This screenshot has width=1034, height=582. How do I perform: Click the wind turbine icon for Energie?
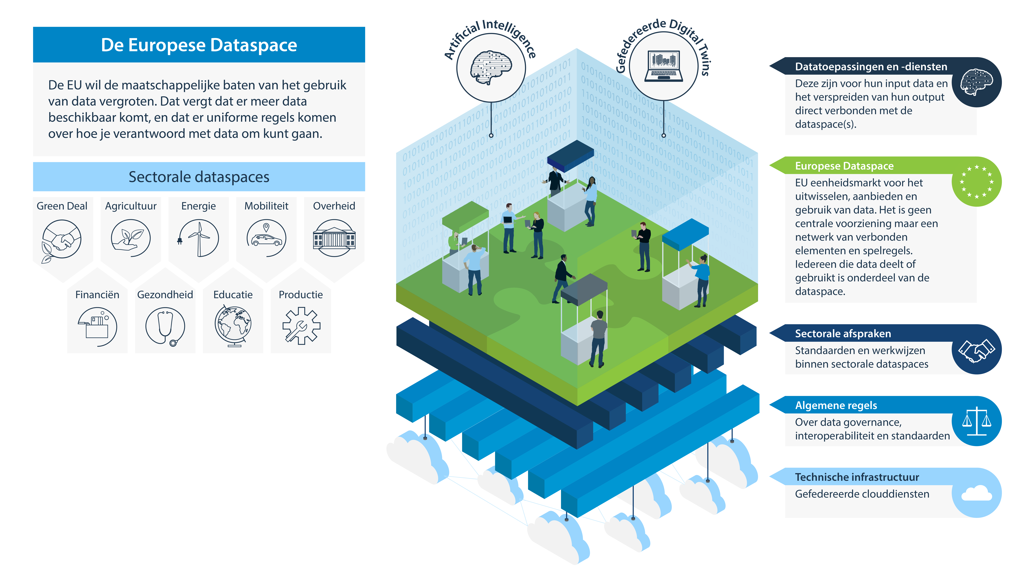199,238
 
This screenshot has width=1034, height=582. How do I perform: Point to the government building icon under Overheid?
334,238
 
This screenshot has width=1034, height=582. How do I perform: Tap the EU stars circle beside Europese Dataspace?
976,182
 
